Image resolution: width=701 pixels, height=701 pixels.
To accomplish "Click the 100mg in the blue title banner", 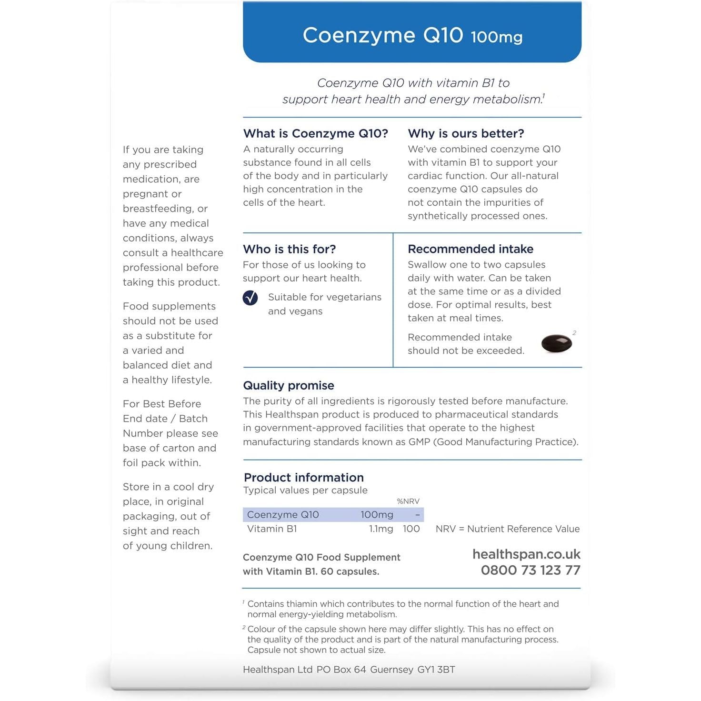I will (496, 37).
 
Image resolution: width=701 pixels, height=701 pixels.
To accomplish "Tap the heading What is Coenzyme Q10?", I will (315, 133).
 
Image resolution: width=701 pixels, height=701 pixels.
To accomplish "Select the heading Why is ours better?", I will (466, 133).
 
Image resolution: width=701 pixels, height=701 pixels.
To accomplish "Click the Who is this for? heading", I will (289, 249).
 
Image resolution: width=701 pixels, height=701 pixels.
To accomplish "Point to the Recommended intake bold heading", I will (470, 249).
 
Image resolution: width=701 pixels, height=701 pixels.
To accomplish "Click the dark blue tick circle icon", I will (250, 298).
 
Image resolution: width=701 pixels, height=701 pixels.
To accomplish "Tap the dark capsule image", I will (556, 343).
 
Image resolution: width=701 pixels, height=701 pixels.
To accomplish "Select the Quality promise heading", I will (288, 385).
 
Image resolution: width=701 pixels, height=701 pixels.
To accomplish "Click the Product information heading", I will (303, 477).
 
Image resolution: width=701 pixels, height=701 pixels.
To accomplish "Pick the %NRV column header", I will (408, 501).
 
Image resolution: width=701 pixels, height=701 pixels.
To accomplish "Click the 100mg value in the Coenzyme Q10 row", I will (377, 515).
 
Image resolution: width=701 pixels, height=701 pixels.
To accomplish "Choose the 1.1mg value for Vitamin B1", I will (381, 529).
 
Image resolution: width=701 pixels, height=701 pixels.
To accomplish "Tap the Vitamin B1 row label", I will (272, 529).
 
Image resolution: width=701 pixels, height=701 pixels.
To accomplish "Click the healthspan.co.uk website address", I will (526, 554).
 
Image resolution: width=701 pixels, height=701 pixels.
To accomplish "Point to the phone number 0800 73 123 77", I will (531, 570).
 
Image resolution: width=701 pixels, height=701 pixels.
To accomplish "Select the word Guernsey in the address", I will (391, 670).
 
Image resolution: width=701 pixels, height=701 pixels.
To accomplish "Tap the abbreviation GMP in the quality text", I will (419, 442).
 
